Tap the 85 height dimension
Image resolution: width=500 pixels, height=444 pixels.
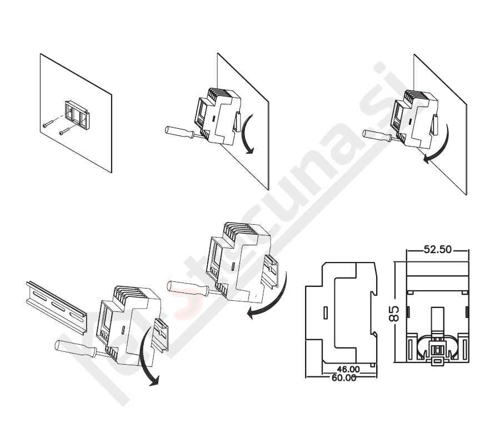[x=394, y=314]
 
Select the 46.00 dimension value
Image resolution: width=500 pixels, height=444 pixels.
[x=348, y=369]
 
